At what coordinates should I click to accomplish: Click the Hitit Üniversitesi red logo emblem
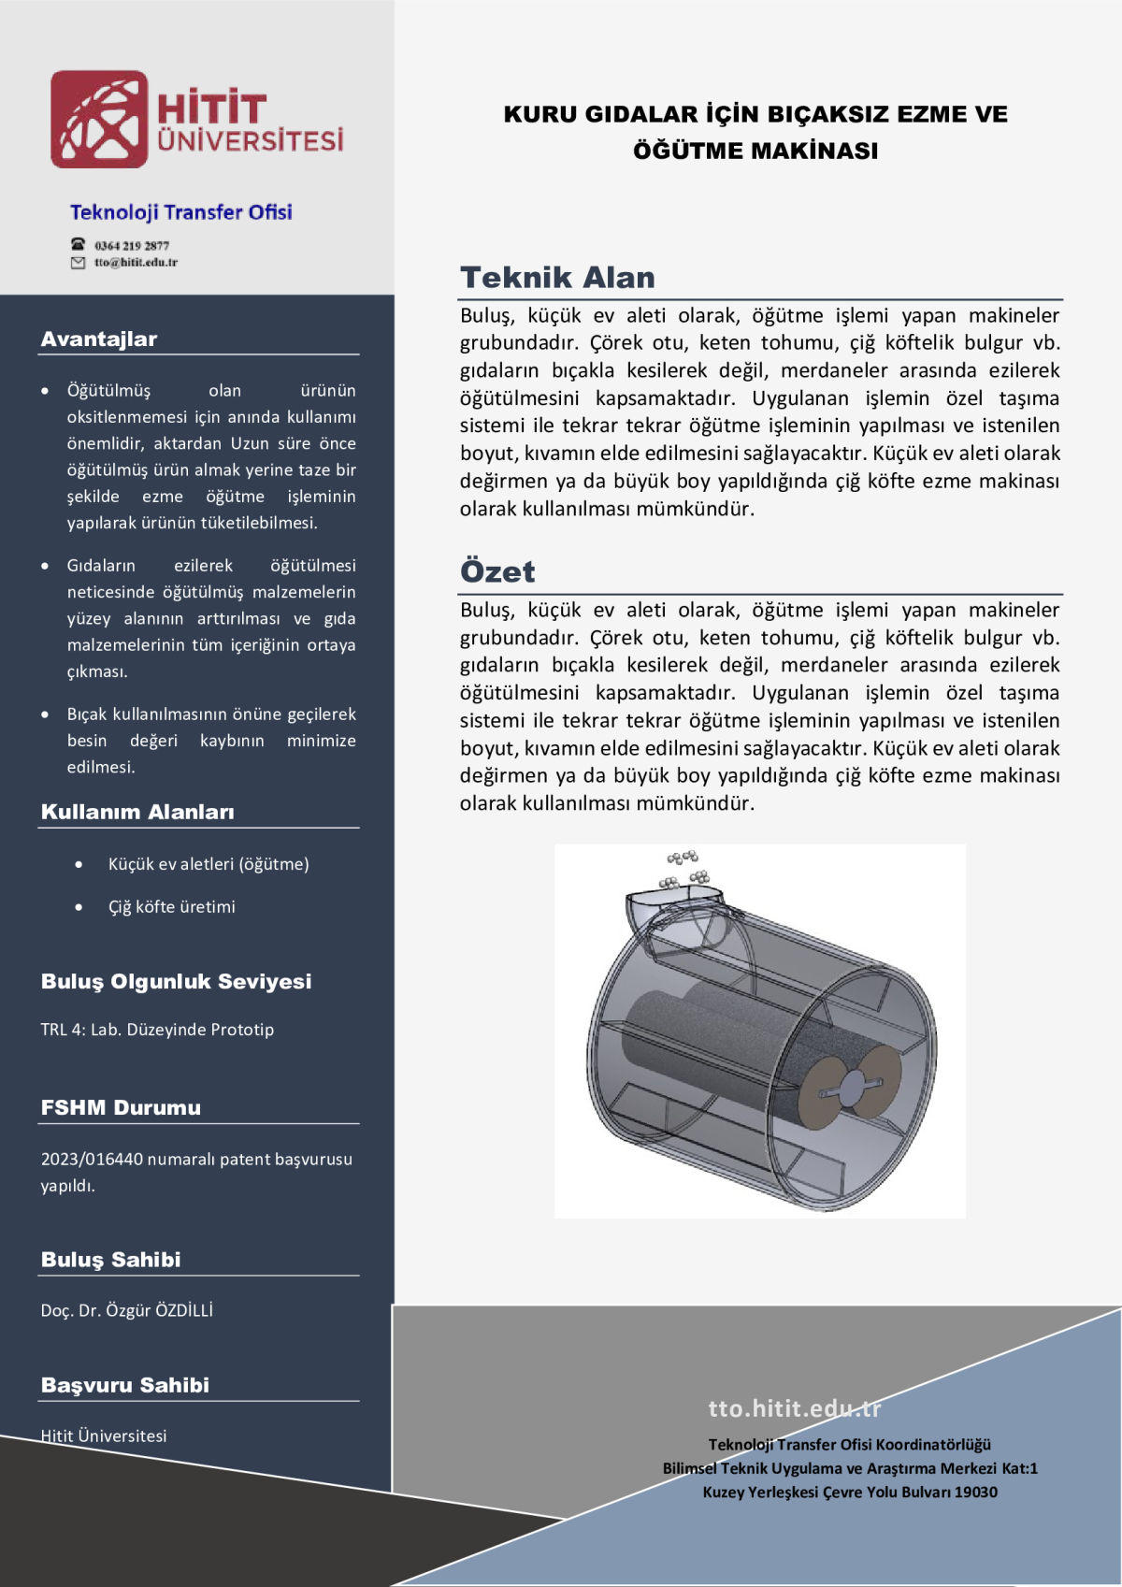coord(99,120)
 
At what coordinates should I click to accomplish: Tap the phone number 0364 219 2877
coord(132,246)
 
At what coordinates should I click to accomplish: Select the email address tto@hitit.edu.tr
coord(136,263)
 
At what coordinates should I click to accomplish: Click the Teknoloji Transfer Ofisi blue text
coord(180,212)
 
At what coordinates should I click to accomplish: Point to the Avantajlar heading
coord(99,339)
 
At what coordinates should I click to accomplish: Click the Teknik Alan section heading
coord(557,278)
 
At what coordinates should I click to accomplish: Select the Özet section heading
coord(497,571)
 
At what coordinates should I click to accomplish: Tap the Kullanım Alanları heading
coord(137,812)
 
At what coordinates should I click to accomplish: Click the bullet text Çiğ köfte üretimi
coord(172,907)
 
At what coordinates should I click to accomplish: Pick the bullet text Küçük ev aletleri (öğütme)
coord(209,864)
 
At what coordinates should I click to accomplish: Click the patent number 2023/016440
coord(92,1160)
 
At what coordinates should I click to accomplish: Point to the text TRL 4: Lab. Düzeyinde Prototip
coord(157,1030)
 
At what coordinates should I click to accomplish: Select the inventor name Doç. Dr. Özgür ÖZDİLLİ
coord(127,1311)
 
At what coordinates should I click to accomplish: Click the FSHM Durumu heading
coord(121,1108)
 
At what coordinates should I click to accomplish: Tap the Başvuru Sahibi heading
coord(125,1385)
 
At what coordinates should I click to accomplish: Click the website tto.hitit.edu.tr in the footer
coord(794,1408)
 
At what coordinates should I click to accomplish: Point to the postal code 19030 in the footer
coord(977,1493)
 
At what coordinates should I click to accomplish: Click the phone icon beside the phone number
coord(79,245)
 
